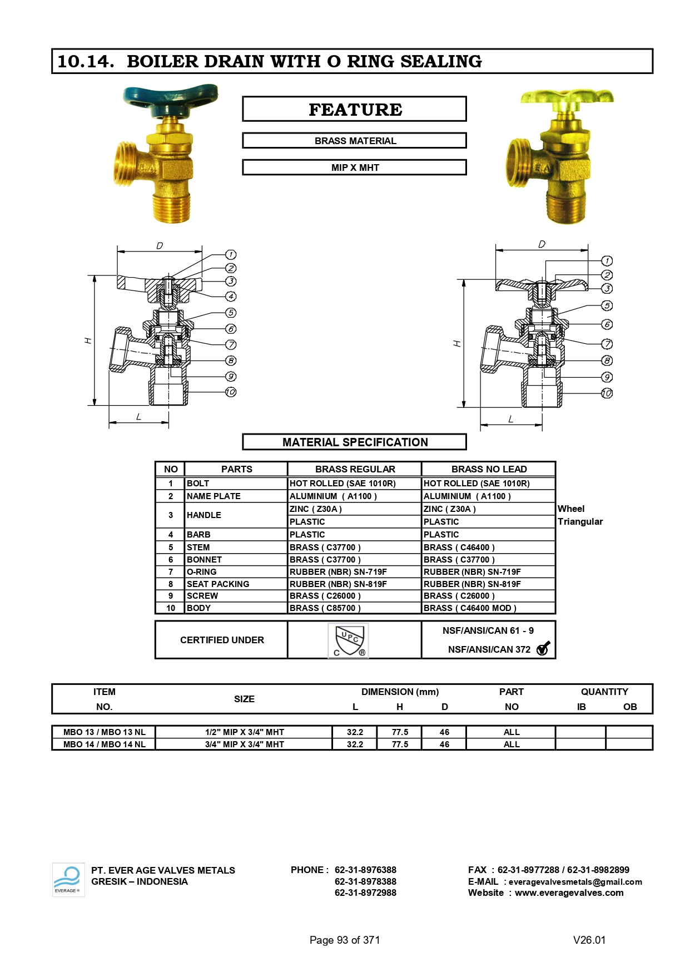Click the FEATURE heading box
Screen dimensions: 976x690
354,110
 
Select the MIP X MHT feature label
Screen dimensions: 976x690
354,167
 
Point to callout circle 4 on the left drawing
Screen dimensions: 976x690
231,297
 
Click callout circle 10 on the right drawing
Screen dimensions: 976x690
607,393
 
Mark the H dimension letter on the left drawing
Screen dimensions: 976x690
88,340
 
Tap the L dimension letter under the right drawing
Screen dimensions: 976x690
510,419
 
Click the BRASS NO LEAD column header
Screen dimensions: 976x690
488,469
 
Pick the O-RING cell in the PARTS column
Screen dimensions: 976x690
202,572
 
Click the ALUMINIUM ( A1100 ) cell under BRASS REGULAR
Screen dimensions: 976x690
333,496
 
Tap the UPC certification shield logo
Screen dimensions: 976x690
348,640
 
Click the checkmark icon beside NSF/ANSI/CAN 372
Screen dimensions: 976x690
543,649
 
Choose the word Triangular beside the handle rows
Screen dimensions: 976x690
580,522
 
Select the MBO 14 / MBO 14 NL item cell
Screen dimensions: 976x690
104,745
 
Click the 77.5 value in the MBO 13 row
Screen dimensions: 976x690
399,732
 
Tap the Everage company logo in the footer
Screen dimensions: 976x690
68,879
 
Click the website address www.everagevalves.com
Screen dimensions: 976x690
569,893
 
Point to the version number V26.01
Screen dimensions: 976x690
589,940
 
